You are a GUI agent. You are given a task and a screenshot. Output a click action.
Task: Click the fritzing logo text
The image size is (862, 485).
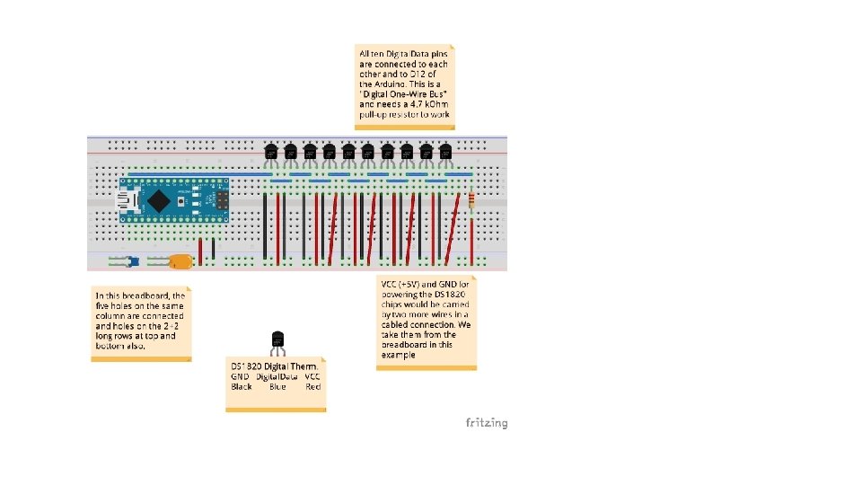tap(486, 422)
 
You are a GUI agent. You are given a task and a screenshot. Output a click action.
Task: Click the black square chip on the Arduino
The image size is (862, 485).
tap(159, 198)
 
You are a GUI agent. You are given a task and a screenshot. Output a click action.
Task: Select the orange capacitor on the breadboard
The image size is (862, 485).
tap(180, 261)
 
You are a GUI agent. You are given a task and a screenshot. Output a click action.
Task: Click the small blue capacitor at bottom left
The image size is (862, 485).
tap(132, 262)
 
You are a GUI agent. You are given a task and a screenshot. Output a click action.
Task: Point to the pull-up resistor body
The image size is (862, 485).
tap(471, 198)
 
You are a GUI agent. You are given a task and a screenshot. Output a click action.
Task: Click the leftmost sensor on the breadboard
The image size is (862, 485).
tap(271, 154)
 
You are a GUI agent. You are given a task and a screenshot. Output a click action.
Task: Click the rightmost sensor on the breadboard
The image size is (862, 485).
tap(446, 154)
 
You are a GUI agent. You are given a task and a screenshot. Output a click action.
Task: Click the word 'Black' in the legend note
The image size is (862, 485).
tap(242, 386)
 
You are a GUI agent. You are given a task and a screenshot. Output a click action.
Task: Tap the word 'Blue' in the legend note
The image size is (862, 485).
tap(277, 386)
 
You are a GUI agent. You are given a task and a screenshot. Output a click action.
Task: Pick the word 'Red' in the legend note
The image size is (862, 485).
tap(312, 386)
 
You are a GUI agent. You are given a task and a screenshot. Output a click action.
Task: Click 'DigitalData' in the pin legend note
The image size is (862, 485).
tap(277, 376)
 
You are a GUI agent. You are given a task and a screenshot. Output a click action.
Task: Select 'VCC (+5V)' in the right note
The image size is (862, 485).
tap(400, 285)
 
